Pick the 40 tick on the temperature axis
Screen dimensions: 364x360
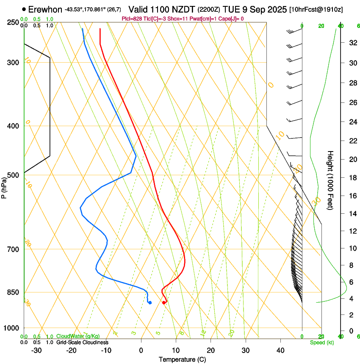coord(280,350)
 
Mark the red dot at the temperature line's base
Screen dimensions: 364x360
coord(164,302)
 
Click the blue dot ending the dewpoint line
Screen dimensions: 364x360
coord(150,302)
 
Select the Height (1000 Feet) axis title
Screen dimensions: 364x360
coord(330,180)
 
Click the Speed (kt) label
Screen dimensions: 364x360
coord(322,342)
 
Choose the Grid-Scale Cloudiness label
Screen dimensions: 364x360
coord(82,342)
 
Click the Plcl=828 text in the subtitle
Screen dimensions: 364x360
coord(132,19)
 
